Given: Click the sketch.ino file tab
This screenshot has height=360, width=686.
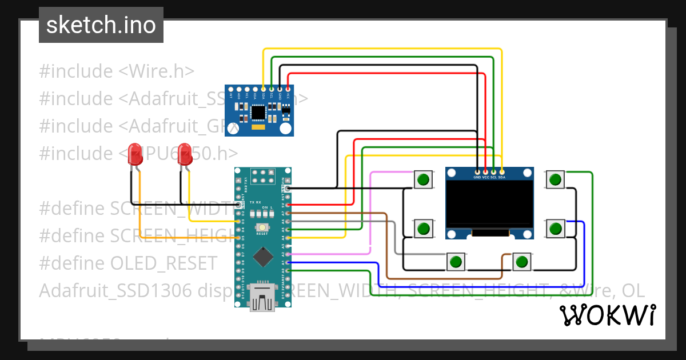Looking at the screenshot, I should click(x=101, y=25).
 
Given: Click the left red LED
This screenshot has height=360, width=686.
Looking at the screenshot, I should click(x=135, y=153).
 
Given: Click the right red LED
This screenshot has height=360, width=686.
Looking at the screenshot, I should click(x=184, y=154).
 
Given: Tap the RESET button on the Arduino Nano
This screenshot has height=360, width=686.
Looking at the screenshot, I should click(x=262, y=227).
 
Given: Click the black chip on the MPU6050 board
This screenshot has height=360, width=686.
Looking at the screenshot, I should click(x=259, y=113).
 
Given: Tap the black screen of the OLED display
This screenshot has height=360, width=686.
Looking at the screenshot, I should click(x=489, y=205).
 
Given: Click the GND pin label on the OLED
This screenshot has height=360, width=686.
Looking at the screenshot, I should click(x=477, y=177).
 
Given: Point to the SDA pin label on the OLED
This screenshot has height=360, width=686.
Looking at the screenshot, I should click(x=502, y=177).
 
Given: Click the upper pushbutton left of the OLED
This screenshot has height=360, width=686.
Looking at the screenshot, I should click(x=423, y=180).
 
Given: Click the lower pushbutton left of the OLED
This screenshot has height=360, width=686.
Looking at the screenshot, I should click(x=423, y=229).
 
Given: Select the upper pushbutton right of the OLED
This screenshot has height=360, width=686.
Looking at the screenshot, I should click(x=555, y=180).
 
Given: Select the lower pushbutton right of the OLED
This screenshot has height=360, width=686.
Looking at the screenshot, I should click(x=555, y=229).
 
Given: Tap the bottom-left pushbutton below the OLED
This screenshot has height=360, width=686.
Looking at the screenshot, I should click(x=456, y=262).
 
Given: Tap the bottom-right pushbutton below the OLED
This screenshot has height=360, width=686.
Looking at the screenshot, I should click(x=521, y=262).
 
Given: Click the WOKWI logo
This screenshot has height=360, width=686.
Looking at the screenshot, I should click(x=607, y=315).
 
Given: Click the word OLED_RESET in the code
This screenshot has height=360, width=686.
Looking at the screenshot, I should click(x=163, y=263).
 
